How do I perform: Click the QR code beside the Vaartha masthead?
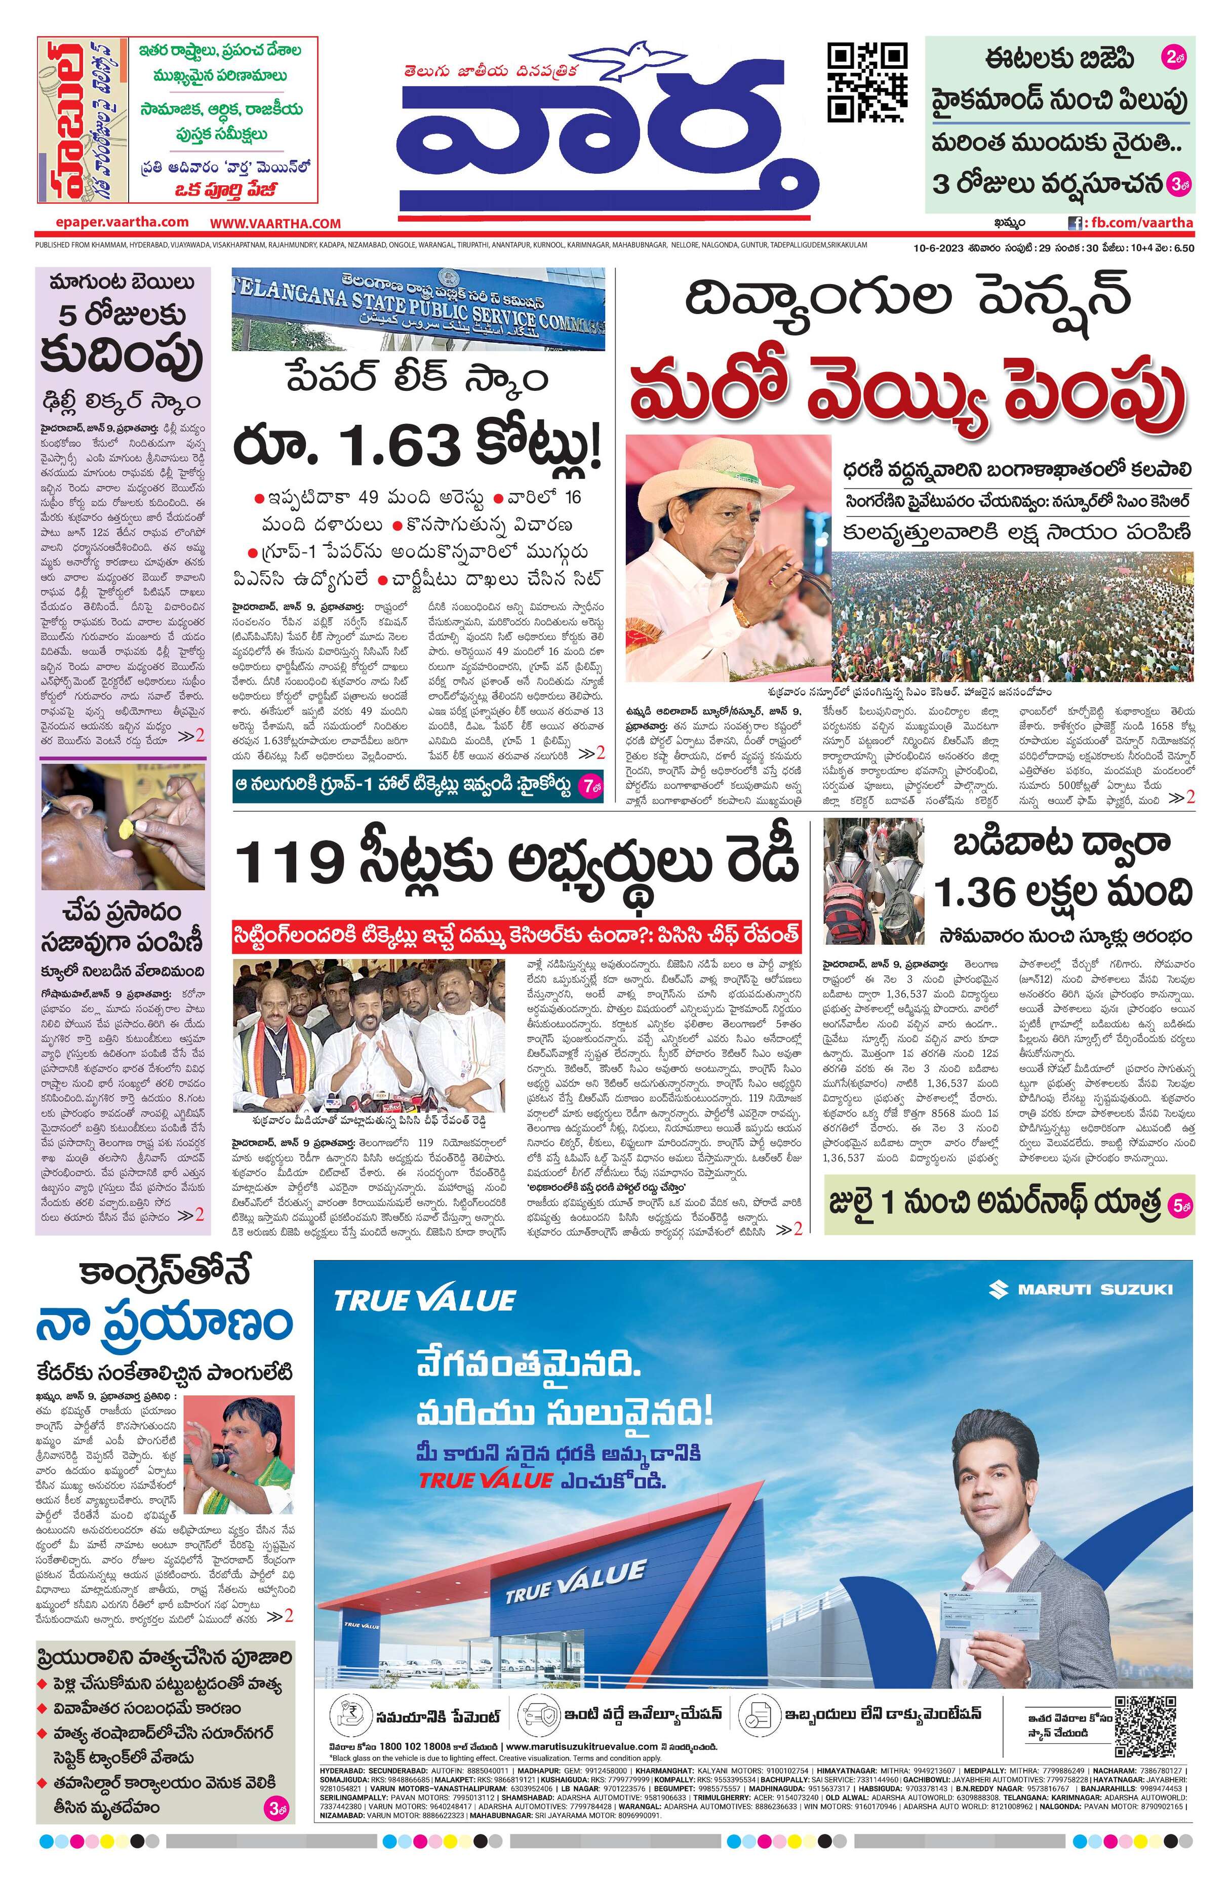click(x=866, y=83)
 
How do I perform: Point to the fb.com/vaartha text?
click(x=1139, y=223)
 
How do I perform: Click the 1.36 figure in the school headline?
click(x=974, y=893)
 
